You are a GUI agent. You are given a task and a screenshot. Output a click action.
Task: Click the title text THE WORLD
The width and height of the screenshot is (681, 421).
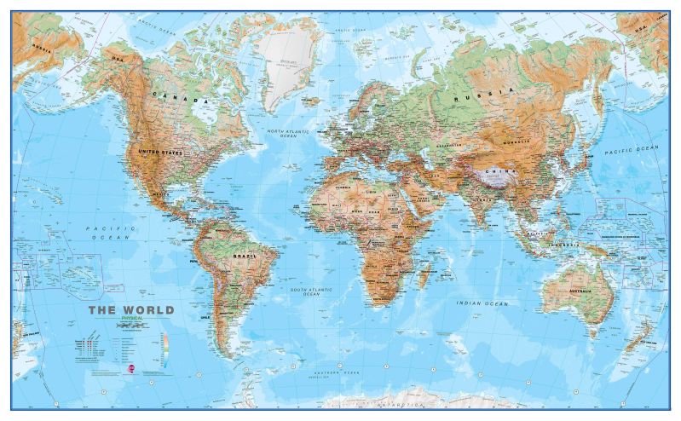click(131, 310)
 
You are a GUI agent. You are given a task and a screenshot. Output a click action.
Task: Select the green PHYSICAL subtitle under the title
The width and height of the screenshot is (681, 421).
click(132, 319)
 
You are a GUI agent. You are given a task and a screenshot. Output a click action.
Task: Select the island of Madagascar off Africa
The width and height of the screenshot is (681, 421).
click(421, 274)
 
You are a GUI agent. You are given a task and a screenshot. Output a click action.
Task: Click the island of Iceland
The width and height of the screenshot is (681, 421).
click(312, 101)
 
